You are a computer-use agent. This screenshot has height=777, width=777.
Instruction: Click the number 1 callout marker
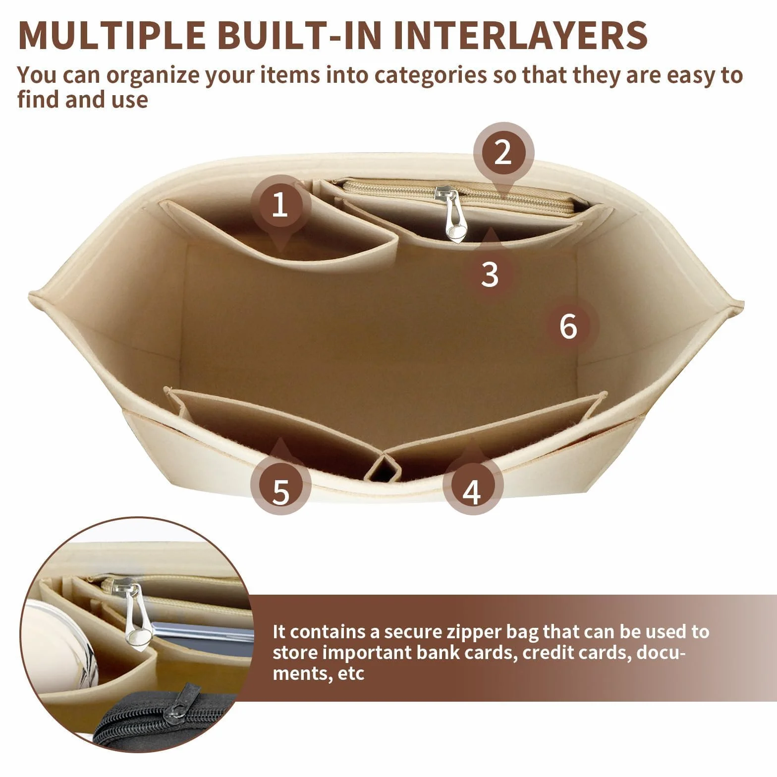coord(281,205)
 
